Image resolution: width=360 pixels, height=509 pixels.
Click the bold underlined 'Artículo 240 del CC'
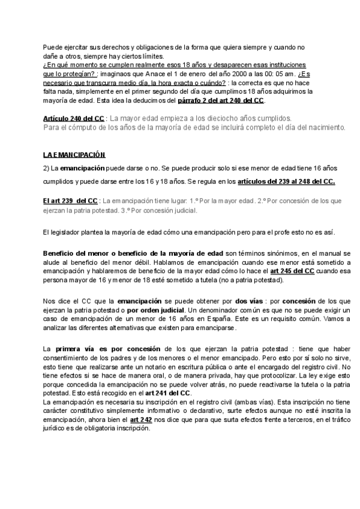tap(73, 118)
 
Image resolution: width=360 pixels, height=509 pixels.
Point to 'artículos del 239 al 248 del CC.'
tap(287, 181)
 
